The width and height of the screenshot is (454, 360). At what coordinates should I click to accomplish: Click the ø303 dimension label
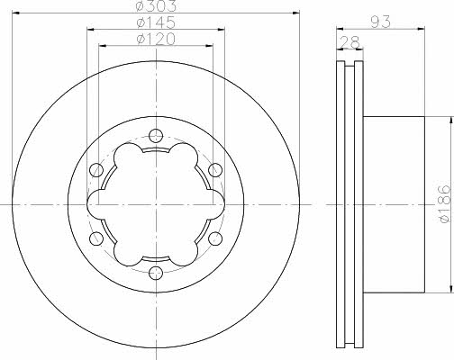[156, 5]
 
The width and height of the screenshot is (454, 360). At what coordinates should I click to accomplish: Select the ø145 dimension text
[156, 22]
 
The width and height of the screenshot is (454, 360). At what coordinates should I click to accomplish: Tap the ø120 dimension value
[156, 39]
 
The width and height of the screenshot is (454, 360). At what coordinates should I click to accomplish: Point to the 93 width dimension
[380, 22]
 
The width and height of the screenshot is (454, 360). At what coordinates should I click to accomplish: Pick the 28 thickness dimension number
[350, 42]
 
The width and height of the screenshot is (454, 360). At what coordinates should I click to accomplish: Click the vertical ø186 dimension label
[445, 203]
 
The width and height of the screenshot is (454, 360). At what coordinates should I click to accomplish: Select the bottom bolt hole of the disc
[156, 273]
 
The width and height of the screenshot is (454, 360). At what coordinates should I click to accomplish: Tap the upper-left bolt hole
[96, 170]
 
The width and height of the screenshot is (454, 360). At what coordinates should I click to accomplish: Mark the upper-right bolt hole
[215, 170]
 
